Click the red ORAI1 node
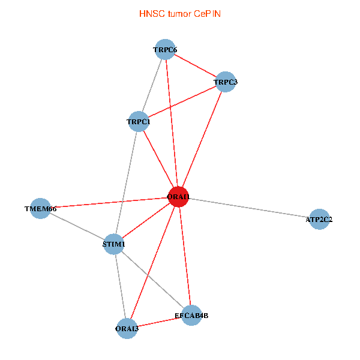pyautogui.click(x=179, y=197)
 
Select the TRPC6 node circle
pyautogui.click(x=165, y=50)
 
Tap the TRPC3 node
pyautogui.click(x=225, y=82)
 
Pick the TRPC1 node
pyautogui.click(x=139, y=122)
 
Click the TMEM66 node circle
pyautogui.click(x=40, y=208)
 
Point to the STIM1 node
pyautogui.click(x=114, y=244)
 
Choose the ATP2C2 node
pyautogui.click(x=320, y=219)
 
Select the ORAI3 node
pyautogui.click(x=127, y=328)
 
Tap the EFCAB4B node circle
pyautogui.click(x=191, y=315)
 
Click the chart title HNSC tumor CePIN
pyautogui.click(x=179, y=13)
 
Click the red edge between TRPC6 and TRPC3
pyautogui.click(x=195, y=66)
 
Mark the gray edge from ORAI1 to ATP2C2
pyautogui.click(x=249, y=208)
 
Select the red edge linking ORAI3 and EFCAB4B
pyautogui.click(x=159, y=322)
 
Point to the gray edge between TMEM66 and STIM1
pyautogui.click(x=77, y=226)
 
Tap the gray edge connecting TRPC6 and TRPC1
pyautogui.click(x=152, y=86)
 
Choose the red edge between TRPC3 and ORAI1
pyautogui.click(x=202, y=139)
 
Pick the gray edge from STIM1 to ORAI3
pyautogui.click(x=121, y=286)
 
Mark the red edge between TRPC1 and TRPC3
pyautogui.click(x=182, y=102)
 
